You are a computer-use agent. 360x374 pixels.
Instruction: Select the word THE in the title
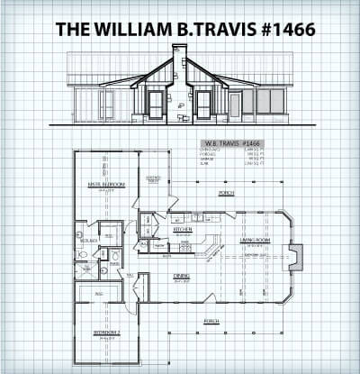pos(73,29)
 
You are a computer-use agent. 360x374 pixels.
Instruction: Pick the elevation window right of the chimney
pos(203,104)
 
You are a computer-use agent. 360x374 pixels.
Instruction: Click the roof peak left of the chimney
pos(165,58)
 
